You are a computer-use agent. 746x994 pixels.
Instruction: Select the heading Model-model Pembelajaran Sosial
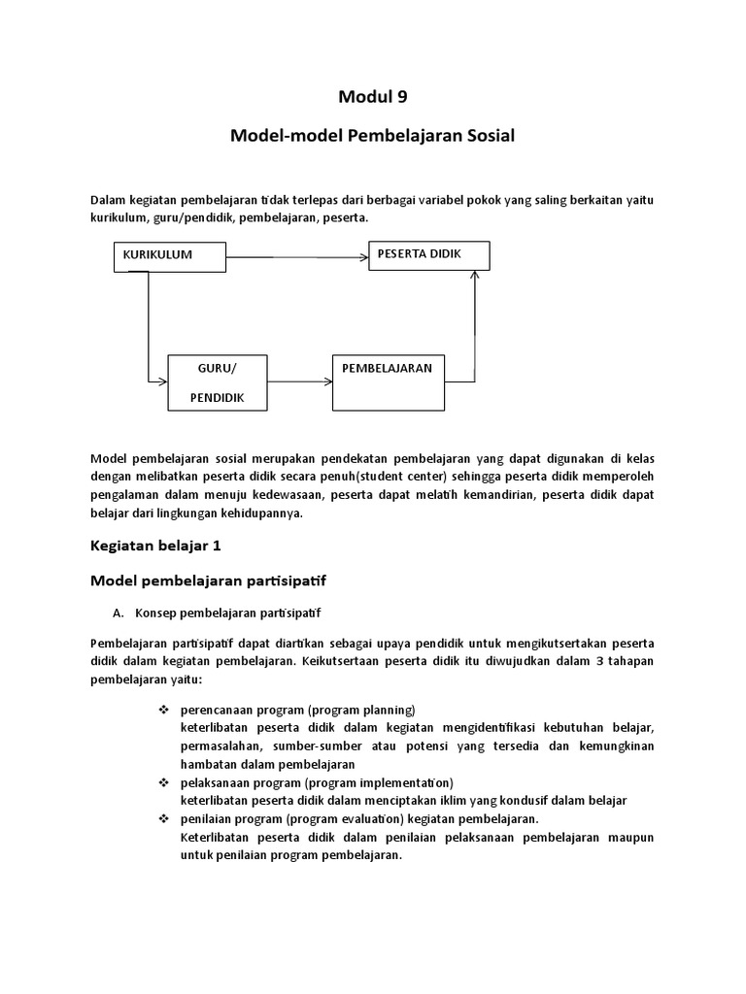[372, 136]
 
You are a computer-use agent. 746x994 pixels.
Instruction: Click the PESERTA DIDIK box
[428, 255]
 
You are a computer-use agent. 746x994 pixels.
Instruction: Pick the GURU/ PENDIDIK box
[217, 383]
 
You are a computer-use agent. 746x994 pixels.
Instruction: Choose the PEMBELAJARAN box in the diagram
[388, 382]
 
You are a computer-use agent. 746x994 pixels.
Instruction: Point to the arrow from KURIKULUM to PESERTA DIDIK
[296, 257]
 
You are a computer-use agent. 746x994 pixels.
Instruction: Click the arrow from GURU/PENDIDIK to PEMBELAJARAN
[298, 382]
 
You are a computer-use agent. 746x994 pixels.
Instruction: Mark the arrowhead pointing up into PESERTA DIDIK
[474, 276]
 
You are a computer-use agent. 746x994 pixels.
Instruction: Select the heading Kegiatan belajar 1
[155, 546]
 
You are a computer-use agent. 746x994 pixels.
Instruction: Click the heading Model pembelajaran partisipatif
[209, 581]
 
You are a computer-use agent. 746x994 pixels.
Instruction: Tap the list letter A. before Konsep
[119, 613]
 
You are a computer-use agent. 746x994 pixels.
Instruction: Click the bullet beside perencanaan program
[164, 709]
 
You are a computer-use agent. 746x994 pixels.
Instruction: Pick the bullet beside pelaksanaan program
[164, 782]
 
